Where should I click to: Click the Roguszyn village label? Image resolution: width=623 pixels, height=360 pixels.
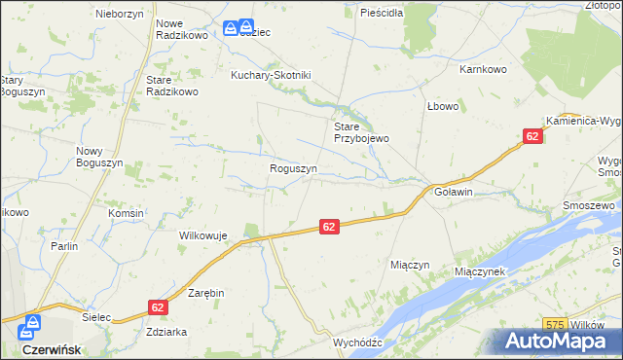point(293,168)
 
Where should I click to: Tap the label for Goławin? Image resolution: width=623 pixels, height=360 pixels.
point(453,192)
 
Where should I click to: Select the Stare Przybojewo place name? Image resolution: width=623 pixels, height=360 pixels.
point(361,132)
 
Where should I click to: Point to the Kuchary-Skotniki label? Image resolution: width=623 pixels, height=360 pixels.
point(270,75)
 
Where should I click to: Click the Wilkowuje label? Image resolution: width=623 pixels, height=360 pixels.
point(202,235)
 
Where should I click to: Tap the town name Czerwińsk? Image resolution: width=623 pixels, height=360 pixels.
point(50,348)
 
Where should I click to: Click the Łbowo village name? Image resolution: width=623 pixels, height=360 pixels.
point(442,106)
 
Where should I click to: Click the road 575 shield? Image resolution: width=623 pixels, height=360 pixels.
point(556,325)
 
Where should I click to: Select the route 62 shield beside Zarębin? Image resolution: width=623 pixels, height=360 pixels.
point(158,306)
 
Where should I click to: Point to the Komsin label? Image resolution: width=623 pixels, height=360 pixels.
point(127,213)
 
